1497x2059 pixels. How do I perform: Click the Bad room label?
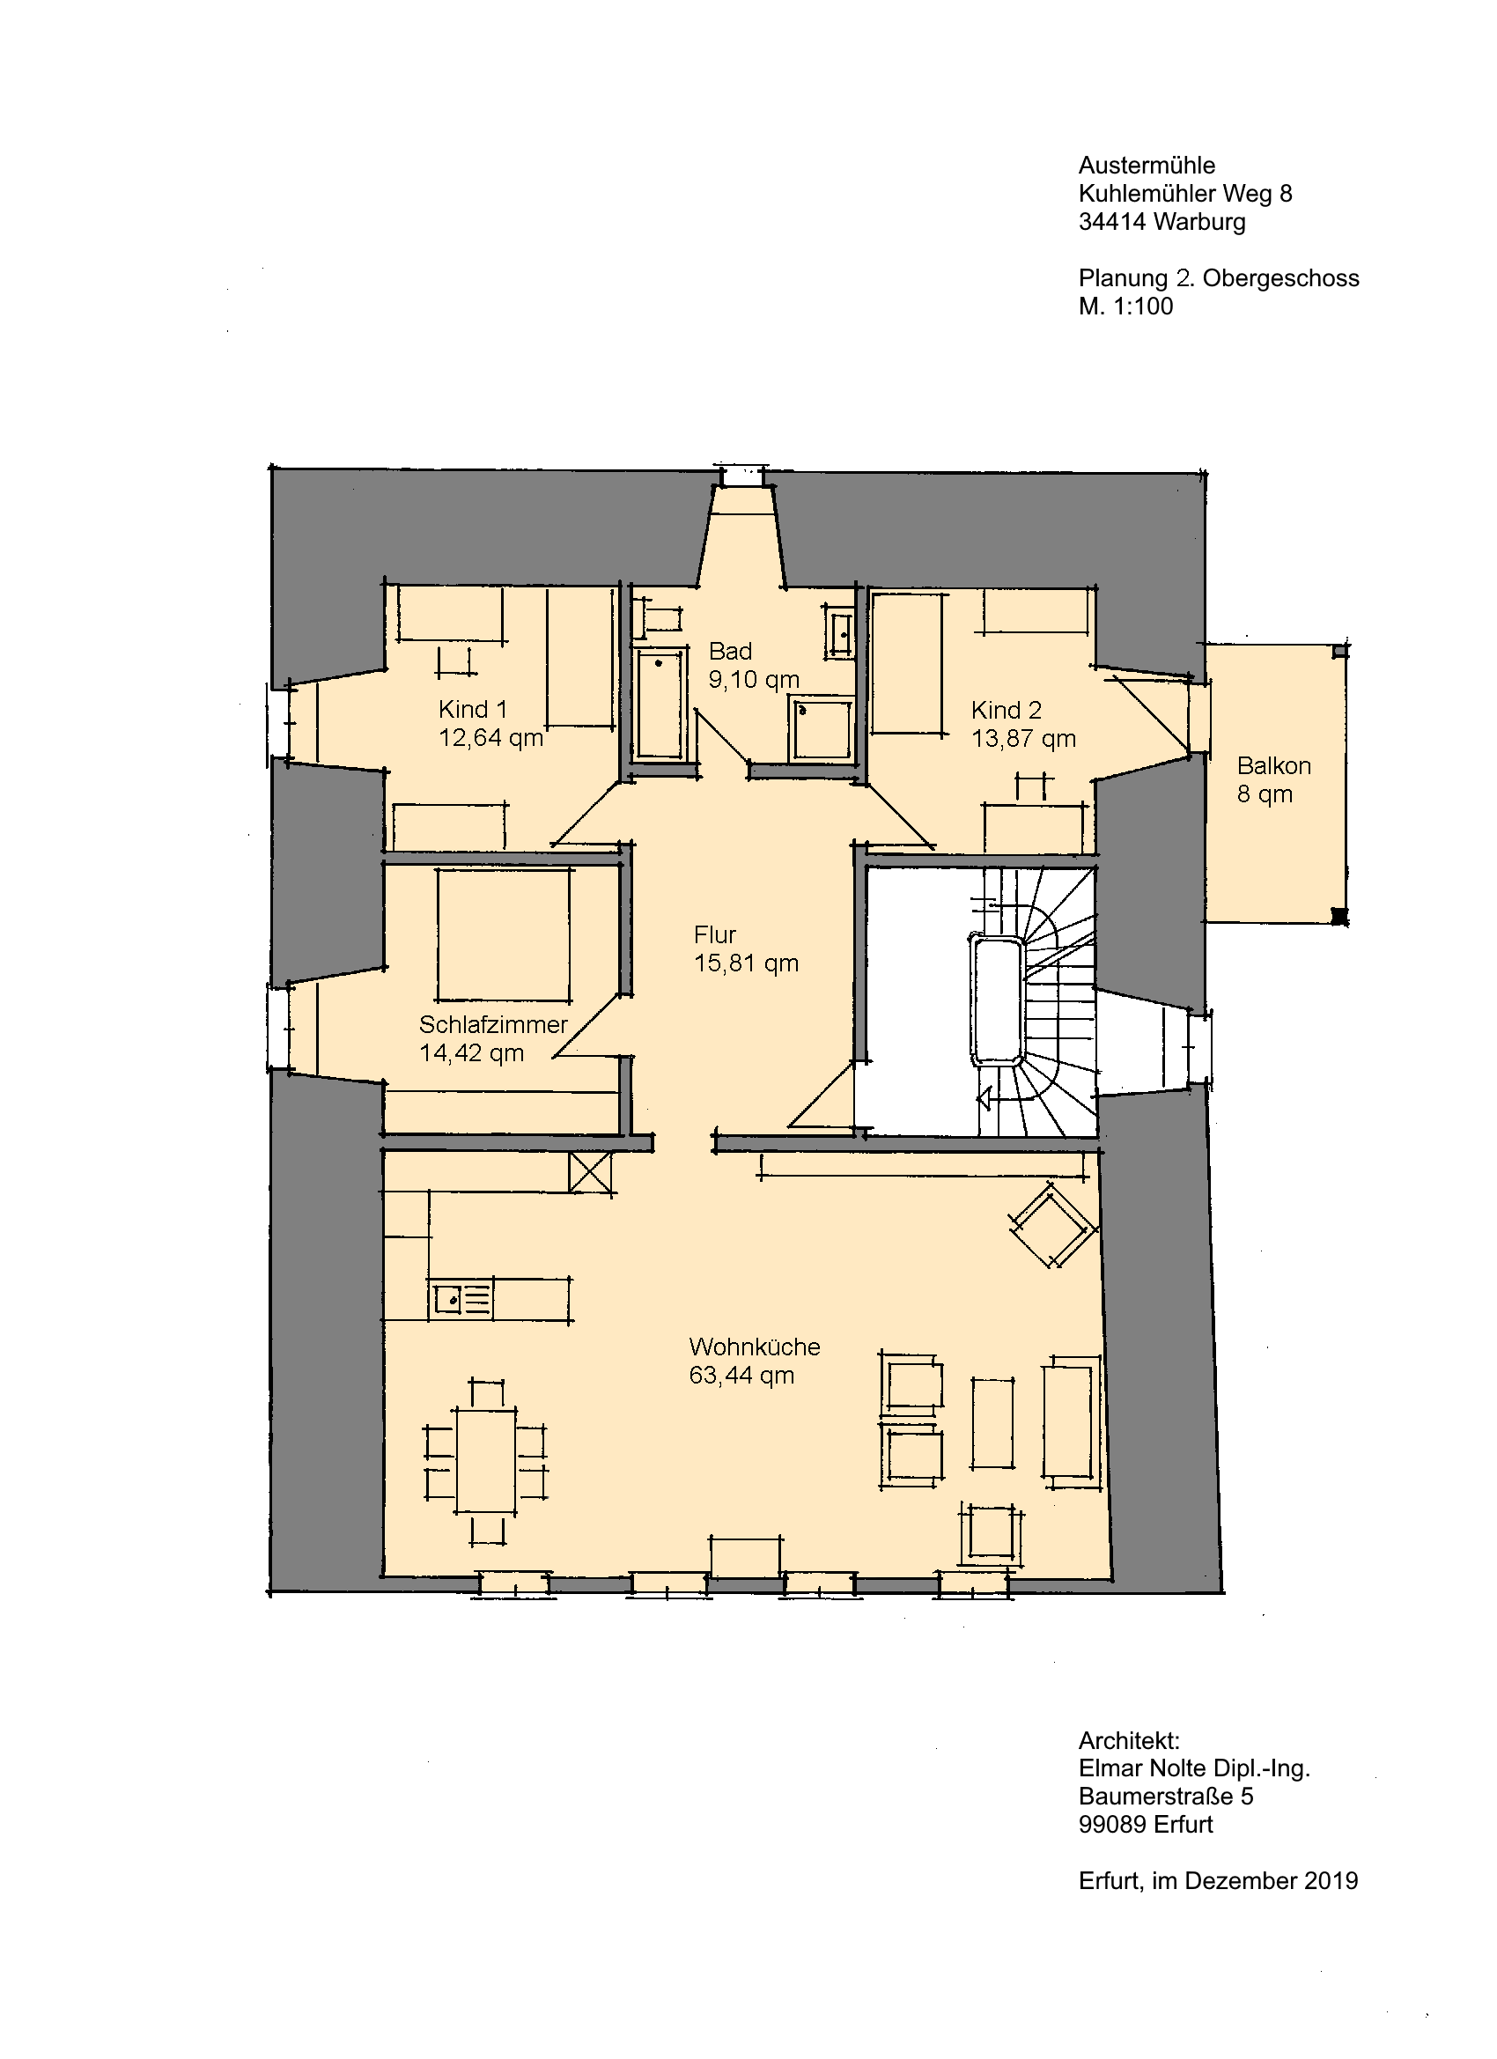[730, 651]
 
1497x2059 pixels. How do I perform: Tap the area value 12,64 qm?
[491, 738]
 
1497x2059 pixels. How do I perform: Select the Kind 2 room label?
[1006, 710]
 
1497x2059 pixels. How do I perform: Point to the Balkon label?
[1273, 765]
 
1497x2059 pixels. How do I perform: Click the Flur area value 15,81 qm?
[746, 963]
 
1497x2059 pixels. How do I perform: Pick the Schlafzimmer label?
[493, 1025]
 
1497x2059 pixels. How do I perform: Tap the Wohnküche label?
[755, 1347]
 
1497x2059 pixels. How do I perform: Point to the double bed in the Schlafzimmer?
[504, 935]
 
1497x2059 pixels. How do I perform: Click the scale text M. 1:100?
[1125, 306]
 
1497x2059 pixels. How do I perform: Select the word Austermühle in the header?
[1147, 166]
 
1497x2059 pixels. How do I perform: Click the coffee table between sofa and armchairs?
[993, 1422]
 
